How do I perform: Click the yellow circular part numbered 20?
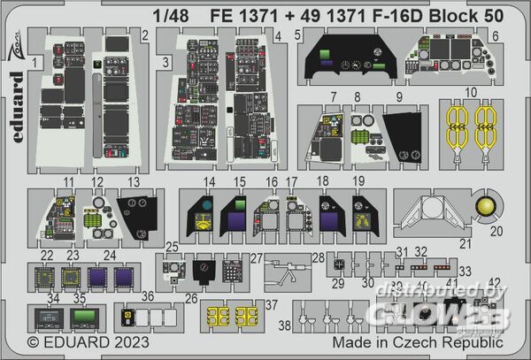(x=486, y=207)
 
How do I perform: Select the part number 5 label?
(x=299, y=35)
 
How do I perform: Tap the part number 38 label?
(x=283, y=326)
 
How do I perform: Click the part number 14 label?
(x=210, y=183)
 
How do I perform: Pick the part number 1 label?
(x=34, y=62)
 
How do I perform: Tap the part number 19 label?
(x=359, y=183)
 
